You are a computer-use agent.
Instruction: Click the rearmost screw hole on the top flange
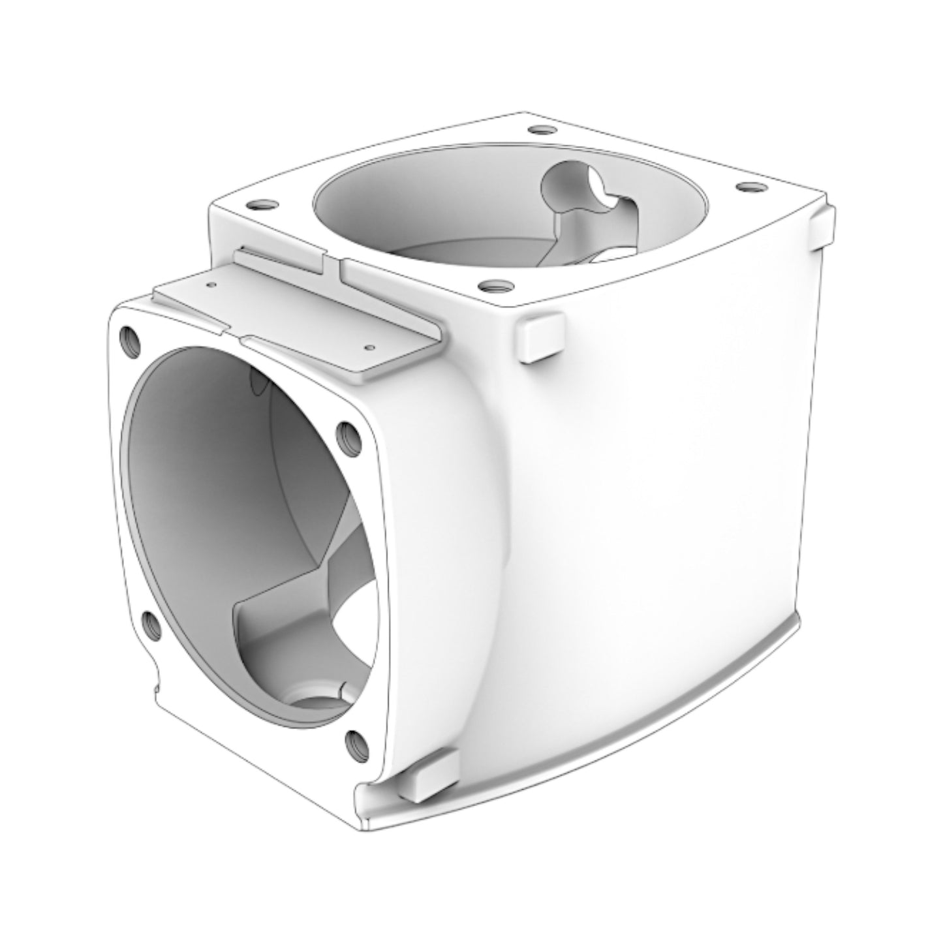(539, 130)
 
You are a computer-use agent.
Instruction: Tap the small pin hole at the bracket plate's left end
(211, 285)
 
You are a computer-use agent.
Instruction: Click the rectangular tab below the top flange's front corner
(538, 336)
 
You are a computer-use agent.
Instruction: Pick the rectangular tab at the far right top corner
(822, 226)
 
